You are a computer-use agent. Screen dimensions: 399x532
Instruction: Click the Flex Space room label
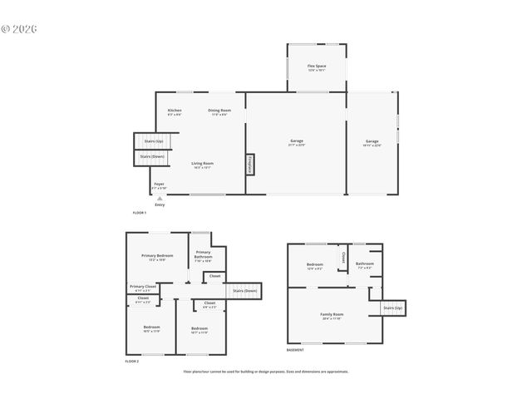(317, 66)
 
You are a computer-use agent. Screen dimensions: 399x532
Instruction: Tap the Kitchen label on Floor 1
(175, 111)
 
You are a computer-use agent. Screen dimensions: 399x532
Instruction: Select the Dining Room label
(219, 111)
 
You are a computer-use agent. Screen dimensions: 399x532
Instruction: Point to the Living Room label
(202, 165)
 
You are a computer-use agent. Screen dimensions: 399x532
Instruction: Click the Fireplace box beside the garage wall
(249, 165)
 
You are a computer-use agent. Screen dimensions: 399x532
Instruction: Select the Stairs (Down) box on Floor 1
(151, 156)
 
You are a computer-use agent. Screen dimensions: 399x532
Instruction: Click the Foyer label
(159, 185)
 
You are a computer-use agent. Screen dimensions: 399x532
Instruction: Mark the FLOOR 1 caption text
(139, 213)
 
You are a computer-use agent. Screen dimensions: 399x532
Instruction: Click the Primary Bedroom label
(157, 257)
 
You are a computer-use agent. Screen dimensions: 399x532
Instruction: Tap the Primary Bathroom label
(204, 256)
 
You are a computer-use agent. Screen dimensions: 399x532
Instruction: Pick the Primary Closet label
(141, 288)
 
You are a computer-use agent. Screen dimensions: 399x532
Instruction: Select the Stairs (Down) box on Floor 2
(244, 290)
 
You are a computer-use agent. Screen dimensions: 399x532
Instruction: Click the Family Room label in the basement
(332, 315)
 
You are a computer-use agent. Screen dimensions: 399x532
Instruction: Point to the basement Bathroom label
(366, 265)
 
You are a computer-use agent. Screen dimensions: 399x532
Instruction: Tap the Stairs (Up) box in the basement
(392, 308)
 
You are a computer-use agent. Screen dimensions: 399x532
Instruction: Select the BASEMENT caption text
(295, 350)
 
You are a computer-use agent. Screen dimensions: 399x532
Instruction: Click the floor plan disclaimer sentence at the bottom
(266, 372)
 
